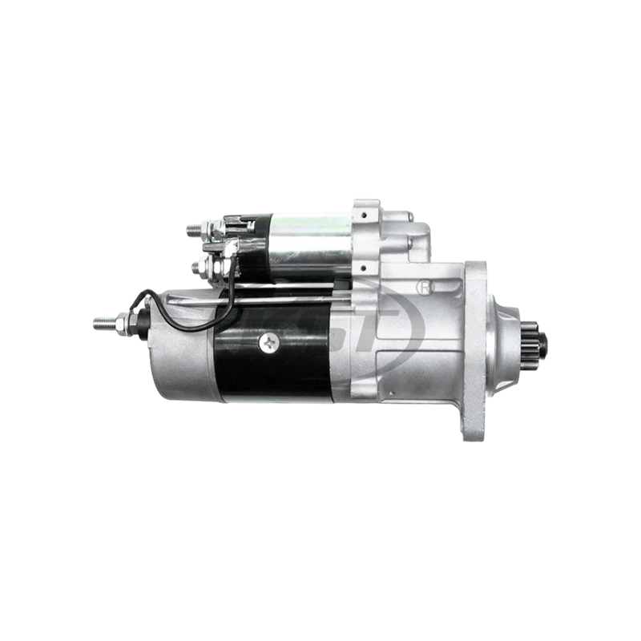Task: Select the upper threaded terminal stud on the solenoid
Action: (x=193, y=232)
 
